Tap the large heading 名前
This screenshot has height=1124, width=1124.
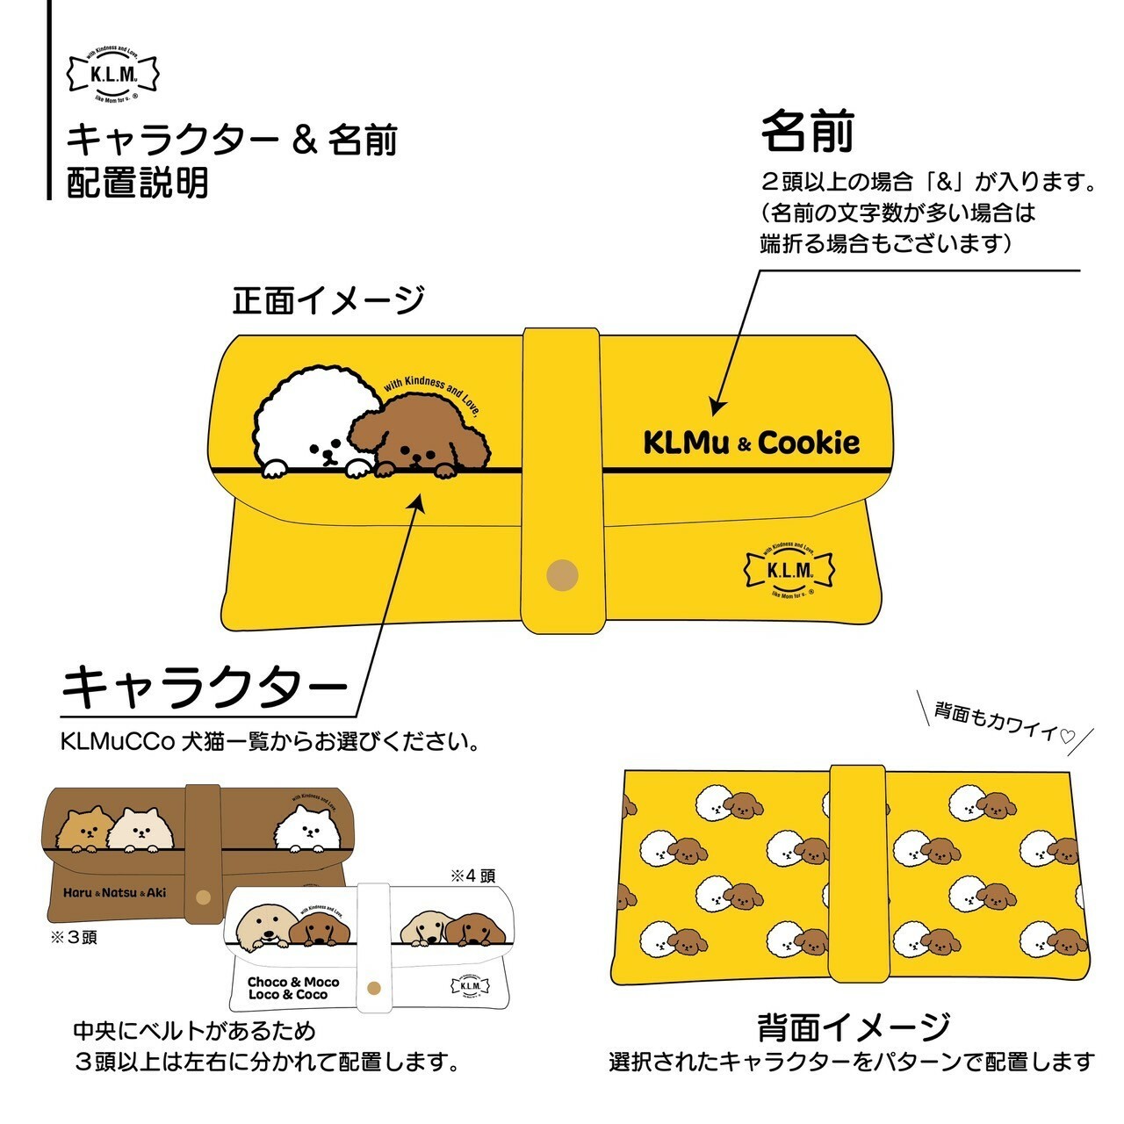coord(807,132)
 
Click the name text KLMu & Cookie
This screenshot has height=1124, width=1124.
coord(751,443)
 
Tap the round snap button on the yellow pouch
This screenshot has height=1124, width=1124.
coord(562,575)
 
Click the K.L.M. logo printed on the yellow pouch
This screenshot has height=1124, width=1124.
coord(789,569)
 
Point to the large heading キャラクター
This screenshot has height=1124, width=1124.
coord(205,687)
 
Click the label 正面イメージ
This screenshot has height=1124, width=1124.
coord(328,301)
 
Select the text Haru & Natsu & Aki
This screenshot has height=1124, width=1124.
coord(114,893)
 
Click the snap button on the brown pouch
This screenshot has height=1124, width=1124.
coord(204,897)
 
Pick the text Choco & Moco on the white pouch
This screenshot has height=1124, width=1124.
coord(293,982)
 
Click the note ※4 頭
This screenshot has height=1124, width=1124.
coord(472,875)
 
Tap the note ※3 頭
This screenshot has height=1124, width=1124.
coord(75,938)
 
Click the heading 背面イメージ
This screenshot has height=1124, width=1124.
coord(853,1026)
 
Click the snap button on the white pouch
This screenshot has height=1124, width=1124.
coord(376,987)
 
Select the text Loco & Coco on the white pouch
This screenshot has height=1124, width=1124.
coord(288,994)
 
